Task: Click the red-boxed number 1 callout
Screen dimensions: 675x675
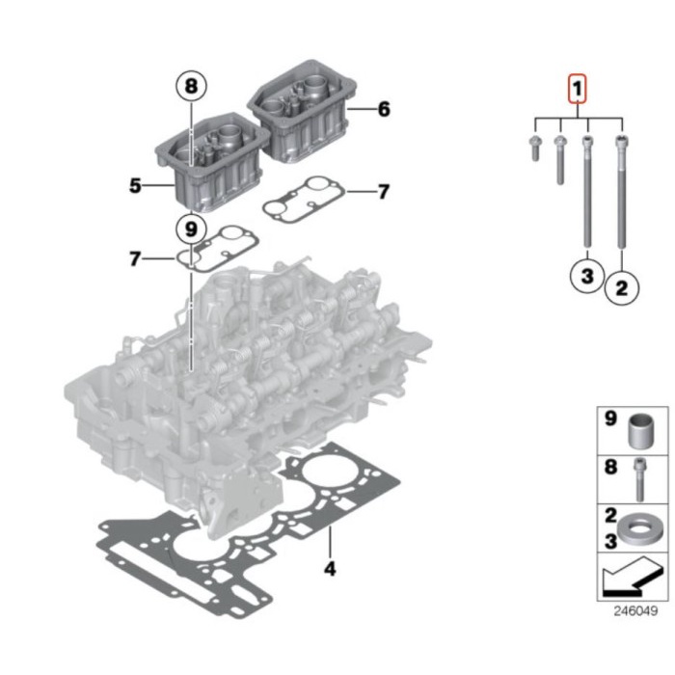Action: coord(577,89)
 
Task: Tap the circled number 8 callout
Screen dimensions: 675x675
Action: coord(191,86)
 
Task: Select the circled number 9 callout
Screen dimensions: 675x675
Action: coord(191,229)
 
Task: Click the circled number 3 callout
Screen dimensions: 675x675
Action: coord(587,276)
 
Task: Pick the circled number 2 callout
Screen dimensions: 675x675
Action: coord(622,287)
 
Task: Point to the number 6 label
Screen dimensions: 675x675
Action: coord(384,109)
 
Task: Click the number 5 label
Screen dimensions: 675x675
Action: coord(135,186)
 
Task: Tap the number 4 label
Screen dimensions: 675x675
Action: coord(330,569)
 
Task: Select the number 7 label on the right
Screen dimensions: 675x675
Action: coord(383,192)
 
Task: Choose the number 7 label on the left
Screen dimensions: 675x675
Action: coord(135,259)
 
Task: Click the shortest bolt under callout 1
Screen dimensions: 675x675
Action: coord(535,148)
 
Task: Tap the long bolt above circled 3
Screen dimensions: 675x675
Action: coord(587,192)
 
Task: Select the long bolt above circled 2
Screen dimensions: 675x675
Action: coord(621,192)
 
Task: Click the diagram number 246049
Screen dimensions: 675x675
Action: coord(635,611)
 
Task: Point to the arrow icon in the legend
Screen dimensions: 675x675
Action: coord(632,577)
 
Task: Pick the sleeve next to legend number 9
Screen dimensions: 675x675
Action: coord(640,431)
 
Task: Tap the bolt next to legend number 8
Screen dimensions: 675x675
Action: coord(639,479)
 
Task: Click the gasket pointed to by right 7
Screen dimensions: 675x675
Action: coord(304,200)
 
